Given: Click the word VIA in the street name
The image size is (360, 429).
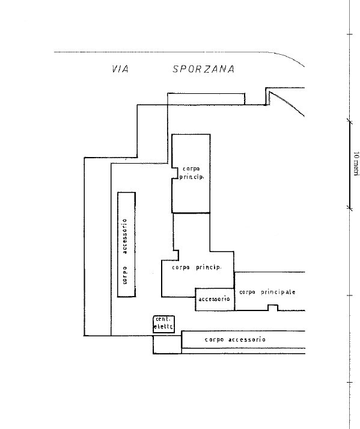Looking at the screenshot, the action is pos(120,69).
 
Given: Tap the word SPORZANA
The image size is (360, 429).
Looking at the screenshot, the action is pos(204,69).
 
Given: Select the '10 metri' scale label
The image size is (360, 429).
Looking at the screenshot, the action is pos(356,164).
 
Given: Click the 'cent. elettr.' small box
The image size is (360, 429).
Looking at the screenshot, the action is pos(163,324).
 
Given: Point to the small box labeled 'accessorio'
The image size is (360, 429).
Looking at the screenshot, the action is pos(215,299).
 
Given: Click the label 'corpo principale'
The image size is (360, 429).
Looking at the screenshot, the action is pos(267,292).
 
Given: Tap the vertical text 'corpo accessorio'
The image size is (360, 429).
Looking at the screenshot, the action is pos(124,251).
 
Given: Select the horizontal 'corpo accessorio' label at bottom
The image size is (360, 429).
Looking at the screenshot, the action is pos(235,339).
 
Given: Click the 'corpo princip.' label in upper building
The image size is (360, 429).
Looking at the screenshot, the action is pos(192,173).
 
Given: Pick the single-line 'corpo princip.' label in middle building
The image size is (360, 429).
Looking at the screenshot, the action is pos(197,267).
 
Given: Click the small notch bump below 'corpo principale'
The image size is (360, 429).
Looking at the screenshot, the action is pos(272,307).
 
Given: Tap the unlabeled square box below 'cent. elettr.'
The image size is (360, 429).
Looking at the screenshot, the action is pos(167,344).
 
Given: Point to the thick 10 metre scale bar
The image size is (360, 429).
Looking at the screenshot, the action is pos(350,165).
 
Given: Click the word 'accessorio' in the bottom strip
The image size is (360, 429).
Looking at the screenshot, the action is pos(247,339).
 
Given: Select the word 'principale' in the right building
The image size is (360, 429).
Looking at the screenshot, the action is pos(278,292).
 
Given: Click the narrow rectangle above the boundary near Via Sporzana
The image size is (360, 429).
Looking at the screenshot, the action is pos(206,99).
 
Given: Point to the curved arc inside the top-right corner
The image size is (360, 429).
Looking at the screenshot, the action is pos(287,103).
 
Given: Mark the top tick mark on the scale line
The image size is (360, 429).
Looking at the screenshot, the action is pos(350,34).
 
